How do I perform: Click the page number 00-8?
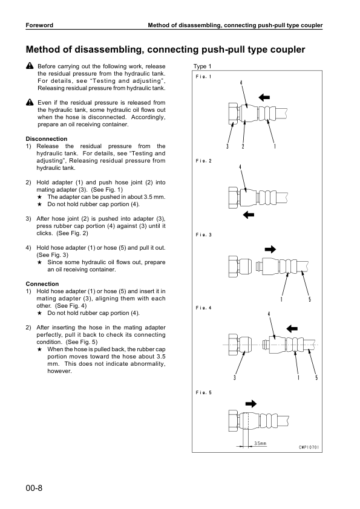34,488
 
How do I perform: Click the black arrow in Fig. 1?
265,96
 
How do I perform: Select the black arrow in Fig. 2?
247,214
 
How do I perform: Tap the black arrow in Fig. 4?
292,328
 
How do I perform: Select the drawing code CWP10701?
309,448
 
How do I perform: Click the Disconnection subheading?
47,139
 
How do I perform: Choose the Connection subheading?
42,284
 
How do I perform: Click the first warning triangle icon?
29,65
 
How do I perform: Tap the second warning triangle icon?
29,103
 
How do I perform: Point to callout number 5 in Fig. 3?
310,300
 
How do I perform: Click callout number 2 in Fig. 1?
243,146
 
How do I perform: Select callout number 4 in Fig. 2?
240,166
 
